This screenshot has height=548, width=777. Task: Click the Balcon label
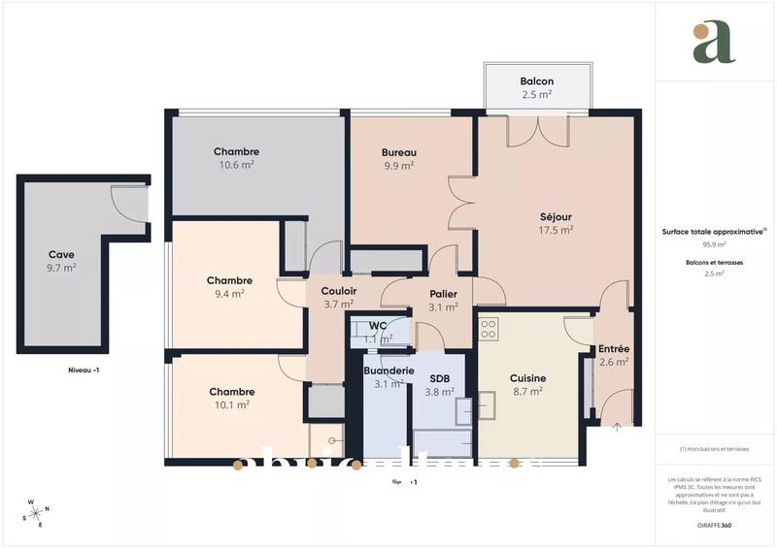pos(536,81)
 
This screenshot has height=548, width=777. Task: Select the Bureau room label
pos(398,152)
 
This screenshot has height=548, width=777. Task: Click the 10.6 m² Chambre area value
pos(236,166)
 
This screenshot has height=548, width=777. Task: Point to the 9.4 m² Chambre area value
pos(229,294)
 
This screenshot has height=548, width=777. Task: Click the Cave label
pos(61,254)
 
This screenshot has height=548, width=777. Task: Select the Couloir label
pos(339,291)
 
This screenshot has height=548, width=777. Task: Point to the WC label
pos(379,325)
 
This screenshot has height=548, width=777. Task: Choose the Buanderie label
pos(388,371)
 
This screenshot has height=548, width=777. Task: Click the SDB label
pos(439,378)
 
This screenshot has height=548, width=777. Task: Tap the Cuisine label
pos(527,378)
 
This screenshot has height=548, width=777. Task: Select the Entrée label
pos(613,349)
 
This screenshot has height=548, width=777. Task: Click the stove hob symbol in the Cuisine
pos(489,329)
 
